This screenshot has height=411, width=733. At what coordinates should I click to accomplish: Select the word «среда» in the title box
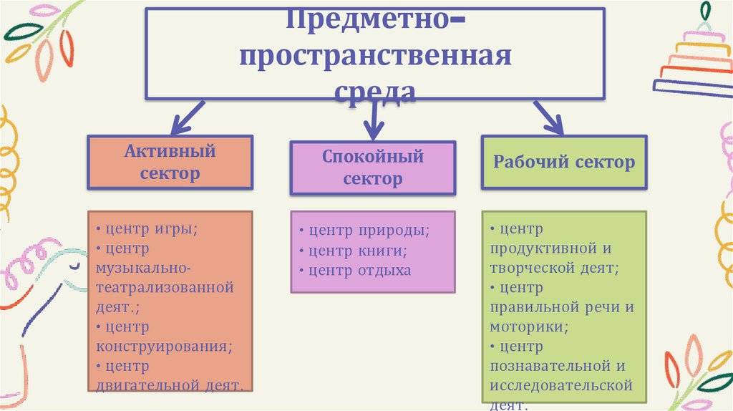(x=375, y=92)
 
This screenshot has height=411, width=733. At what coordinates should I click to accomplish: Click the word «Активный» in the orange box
(x=170, y=152)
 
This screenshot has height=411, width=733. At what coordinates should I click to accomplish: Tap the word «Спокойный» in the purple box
(x=372, y=156)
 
